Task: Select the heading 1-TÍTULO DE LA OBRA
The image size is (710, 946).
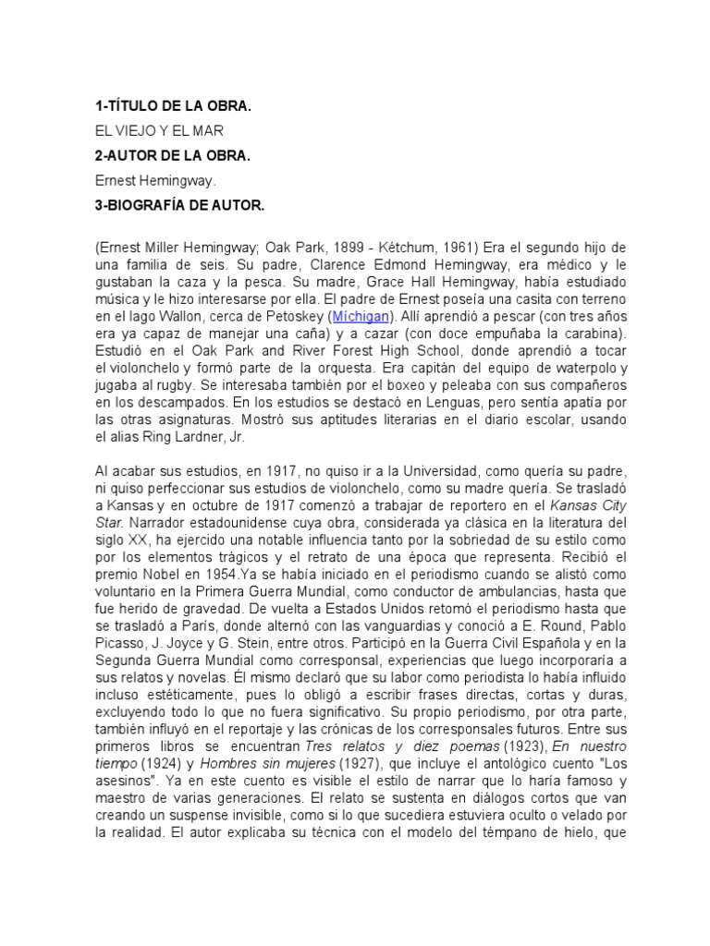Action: coord(173,107)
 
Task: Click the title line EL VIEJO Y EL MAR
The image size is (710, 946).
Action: coord(159,131)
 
